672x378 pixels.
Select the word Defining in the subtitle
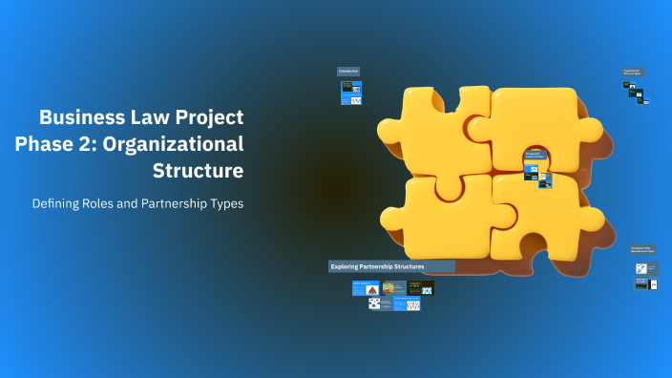(x=57, y=204)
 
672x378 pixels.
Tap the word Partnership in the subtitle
(x=178, y=204)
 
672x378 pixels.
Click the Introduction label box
(x=347, y=71)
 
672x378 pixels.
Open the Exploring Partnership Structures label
(x=391, y=266)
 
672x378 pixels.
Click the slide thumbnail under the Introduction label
(x=351, y=93)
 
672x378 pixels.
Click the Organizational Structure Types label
(x=632, y=72)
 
